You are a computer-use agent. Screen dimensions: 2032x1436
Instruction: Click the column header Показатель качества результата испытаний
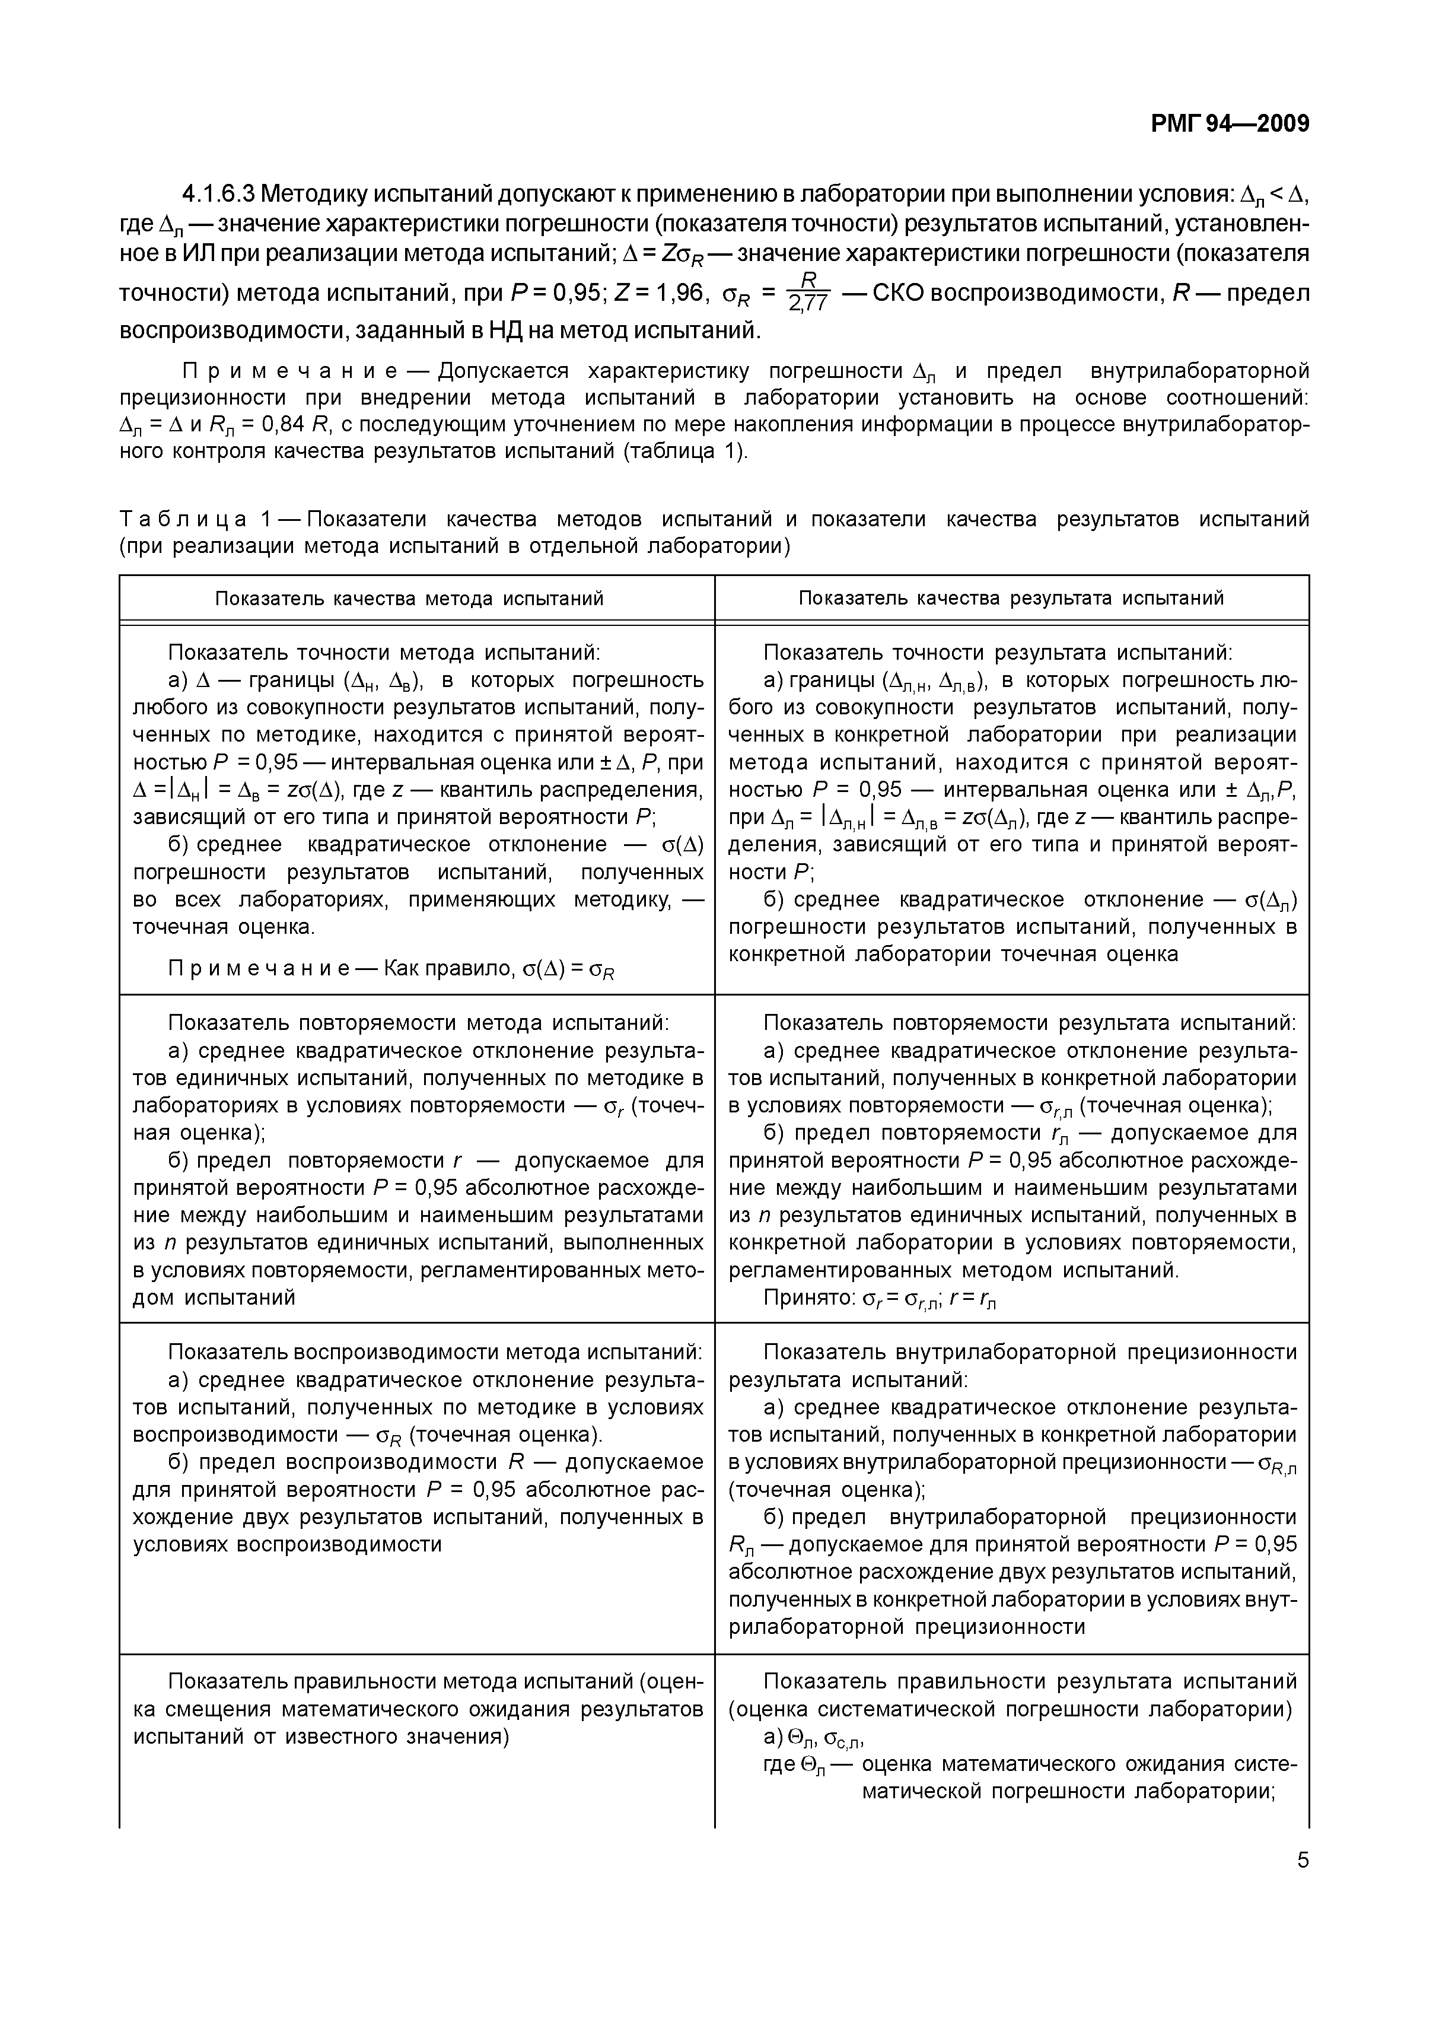click(1011, 598)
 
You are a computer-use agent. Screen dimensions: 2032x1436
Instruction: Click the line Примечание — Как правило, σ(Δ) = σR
click(391, 969)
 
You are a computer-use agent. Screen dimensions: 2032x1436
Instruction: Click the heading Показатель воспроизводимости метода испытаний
click(435, 1352)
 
